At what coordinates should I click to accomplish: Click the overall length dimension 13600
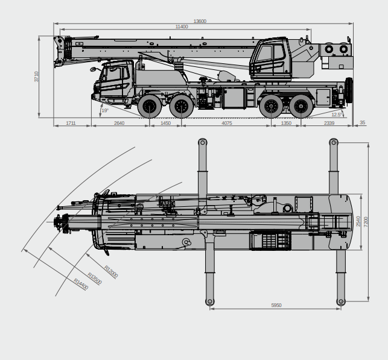click(200, 21)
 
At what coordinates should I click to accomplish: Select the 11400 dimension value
click(181, 27)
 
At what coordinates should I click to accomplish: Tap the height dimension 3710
click(37, 77)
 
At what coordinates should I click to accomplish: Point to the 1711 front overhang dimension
click(71, 124)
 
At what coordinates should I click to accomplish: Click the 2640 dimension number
click(119, 124)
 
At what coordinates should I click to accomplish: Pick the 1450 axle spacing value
click(165, 124)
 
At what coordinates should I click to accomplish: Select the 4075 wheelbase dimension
click(226, 124)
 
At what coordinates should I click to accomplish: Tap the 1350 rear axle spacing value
click(286, 124)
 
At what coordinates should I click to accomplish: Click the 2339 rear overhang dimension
click(329, 124)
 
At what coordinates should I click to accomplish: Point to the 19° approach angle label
click(105, 110)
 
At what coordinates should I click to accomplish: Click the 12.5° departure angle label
click(336, 114)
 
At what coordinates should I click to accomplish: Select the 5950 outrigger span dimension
click(276, 306)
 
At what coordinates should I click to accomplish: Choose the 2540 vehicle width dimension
click(359, 221)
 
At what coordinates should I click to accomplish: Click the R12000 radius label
click(111, 272)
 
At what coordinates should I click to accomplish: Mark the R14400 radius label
click(81, 284)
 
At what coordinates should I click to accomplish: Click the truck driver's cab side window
click(113, 75)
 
